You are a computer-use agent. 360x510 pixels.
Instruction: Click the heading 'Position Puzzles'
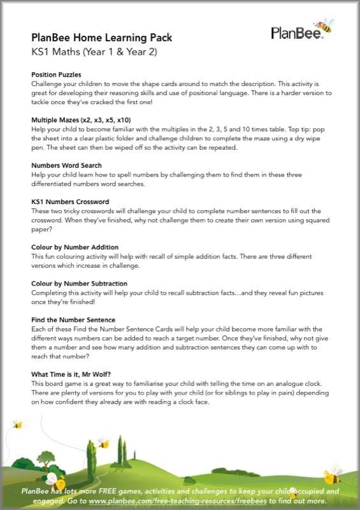tap(56, 75)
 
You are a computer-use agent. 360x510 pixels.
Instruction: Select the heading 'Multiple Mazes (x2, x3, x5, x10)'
tap(81, 120)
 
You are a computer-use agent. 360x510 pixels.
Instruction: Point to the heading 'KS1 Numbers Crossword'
tap(70, 201)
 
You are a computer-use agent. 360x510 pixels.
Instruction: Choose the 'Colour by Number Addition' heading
tap(75, 247)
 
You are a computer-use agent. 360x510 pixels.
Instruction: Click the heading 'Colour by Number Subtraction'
tap(79, 283)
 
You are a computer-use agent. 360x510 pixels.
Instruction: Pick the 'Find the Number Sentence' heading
tap(73, 319)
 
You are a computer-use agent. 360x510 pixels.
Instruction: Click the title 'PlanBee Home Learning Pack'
tap(102, 38)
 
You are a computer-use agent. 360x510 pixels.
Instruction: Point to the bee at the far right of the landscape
tap(333, 474)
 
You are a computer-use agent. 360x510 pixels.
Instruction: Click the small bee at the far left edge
tap(17, 424)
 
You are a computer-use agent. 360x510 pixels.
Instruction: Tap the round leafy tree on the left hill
tap(46, 457)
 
